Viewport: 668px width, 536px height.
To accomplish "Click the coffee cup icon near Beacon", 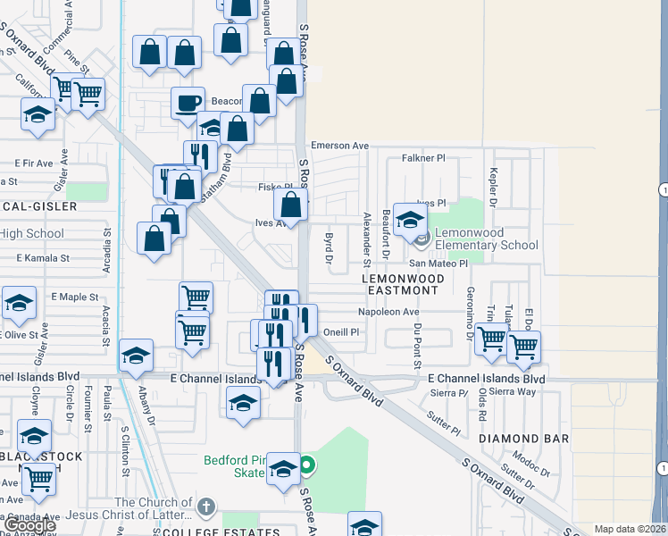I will (x=188, y=103).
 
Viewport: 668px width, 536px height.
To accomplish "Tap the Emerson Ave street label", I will (x=339, y=146).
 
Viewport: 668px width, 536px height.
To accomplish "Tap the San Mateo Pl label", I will (x=438, y=264).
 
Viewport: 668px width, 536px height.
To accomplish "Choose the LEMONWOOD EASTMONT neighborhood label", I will (x=399, y=284).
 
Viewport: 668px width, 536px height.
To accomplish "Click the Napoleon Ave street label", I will (x=388, y=313).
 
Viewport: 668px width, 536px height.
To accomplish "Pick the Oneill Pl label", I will (x=340, y=331).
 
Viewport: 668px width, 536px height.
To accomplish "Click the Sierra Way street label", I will (x=513, y=391).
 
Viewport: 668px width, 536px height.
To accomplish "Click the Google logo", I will (x=30, y=525).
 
